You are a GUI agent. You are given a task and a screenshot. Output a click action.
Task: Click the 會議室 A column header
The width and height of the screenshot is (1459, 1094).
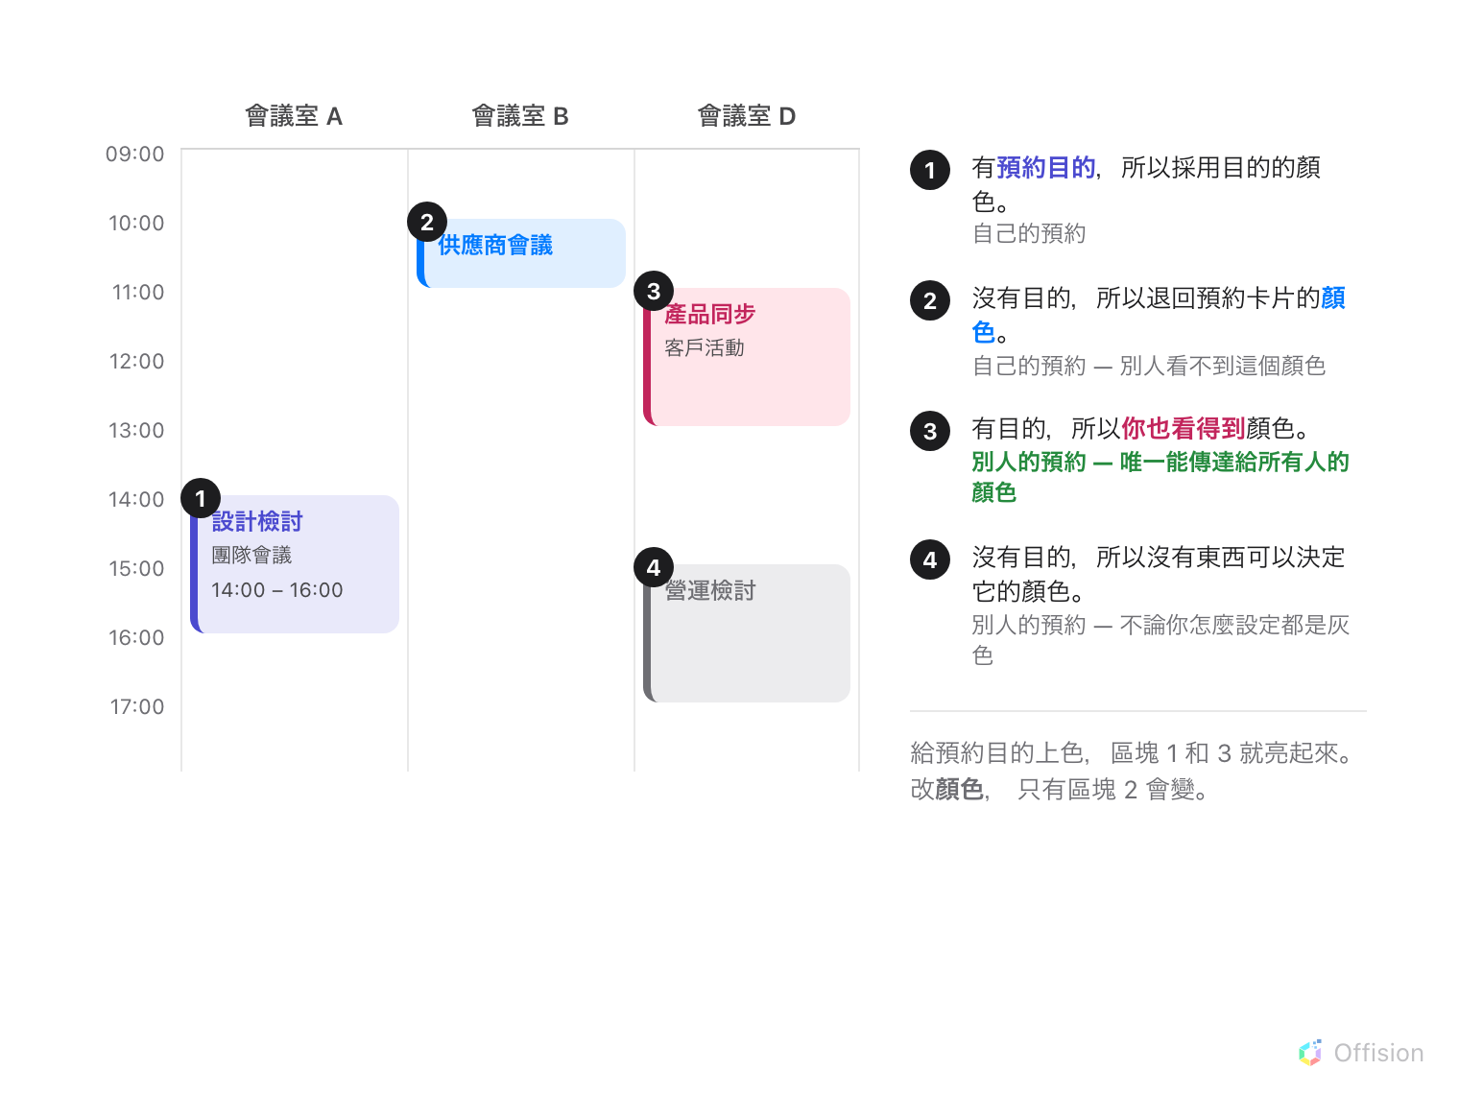click(x=294, y=116)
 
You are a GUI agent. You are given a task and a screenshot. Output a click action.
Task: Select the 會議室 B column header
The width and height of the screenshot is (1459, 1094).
click(x=520, y=116)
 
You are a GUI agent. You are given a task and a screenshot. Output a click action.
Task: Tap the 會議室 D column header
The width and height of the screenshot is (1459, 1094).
click(x=747, y=116)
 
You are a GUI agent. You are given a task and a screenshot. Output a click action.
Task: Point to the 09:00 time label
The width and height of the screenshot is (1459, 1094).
click(x=135, y=155)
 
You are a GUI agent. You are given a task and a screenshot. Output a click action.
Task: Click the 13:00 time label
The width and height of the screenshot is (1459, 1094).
click(x=136, y=431)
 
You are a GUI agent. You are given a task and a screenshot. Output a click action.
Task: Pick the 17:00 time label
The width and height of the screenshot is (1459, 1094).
click(x=137, y=706)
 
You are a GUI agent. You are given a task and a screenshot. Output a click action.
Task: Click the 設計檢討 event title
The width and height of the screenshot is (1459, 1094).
click(x=257, y=521)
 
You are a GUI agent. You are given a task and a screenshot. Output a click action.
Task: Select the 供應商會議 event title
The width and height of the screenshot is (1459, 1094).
click(x=495, y=245)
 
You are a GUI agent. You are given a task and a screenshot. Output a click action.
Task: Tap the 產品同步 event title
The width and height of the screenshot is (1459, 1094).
click(x=710, y=314)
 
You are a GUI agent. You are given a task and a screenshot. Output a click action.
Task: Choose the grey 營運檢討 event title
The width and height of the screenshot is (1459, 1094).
click(x=710, y=590)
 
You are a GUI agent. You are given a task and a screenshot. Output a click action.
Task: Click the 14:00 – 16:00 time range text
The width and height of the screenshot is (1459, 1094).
click(x=277, y=590)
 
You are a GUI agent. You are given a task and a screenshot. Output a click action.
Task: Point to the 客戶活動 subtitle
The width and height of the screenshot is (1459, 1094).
click(x=704, y=348)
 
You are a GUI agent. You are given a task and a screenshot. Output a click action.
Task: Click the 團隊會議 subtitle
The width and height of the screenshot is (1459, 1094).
click(x=251, y=556)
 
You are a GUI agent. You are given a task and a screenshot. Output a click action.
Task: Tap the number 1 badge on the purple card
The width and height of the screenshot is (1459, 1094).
click(x=201, y=498)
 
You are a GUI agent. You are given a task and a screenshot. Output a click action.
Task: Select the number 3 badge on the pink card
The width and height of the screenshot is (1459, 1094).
click(x=654, y=291)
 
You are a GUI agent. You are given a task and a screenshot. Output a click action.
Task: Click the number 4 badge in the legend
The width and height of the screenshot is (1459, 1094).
click(x=930, y=559)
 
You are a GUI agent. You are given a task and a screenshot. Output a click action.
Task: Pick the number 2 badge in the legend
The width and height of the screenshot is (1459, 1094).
click(x=930, y=300)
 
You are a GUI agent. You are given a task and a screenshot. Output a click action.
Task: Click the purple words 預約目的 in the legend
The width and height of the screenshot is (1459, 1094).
click(x=1045, y=167)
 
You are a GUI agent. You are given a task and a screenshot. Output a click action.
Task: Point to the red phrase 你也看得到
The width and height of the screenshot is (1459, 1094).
click(x=1184, y=428)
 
